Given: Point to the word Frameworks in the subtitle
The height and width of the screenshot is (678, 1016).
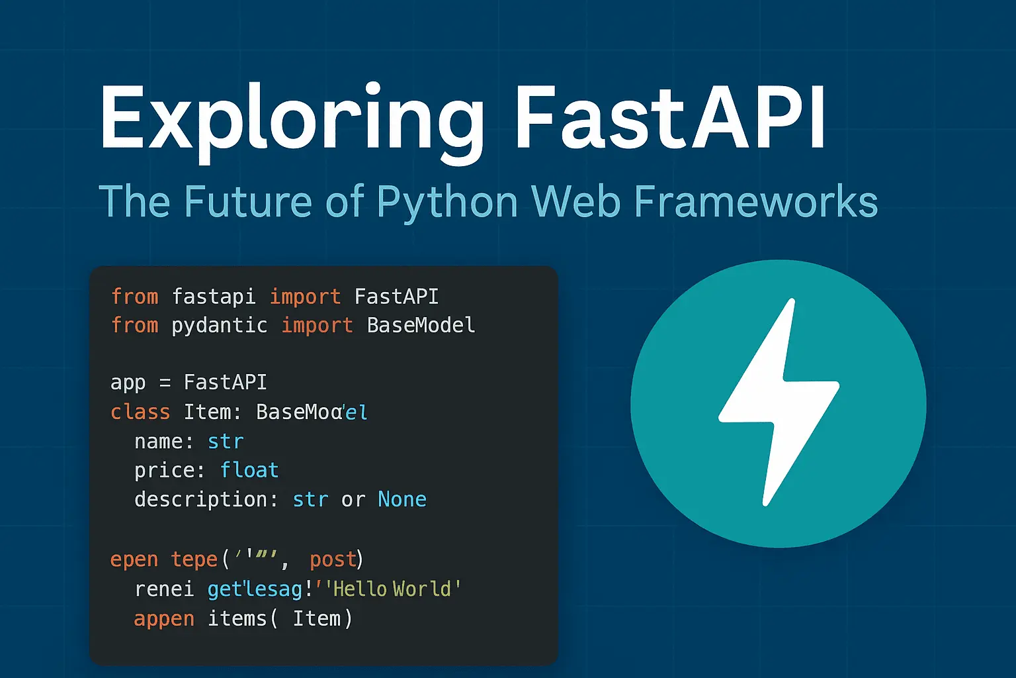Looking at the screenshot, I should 755,202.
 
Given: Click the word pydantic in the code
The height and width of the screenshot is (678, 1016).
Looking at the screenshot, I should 220,325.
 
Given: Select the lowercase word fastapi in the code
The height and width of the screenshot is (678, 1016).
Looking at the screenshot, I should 214,297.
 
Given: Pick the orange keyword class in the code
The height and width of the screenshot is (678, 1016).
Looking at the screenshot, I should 140,412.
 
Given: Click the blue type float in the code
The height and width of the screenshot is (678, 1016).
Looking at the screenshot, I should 249,470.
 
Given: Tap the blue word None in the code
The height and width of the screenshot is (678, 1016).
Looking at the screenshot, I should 402,499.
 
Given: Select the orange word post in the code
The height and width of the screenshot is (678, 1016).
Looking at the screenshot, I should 333,559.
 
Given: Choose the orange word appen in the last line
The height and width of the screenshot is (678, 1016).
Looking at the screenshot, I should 164,618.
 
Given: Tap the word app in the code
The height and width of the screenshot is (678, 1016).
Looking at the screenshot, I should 128,383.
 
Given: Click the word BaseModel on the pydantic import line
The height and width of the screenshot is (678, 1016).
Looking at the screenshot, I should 421,325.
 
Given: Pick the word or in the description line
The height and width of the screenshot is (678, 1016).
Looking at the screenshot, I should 353,499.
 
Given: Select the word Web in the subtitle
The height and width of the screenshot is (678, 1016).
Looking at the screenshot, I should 576,202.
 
